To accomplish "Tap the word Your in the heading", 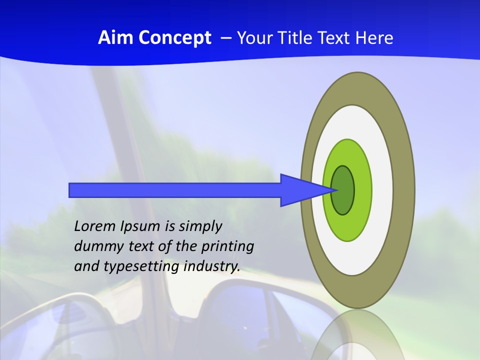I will point(253,38).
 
